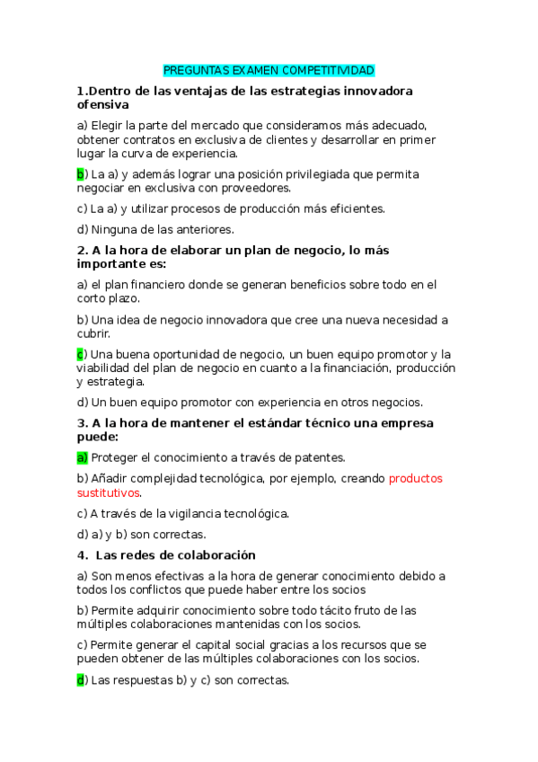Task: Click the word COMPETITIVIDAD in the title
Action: tap(328, 70)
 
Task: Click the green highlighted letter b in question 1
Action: tap(80, 174)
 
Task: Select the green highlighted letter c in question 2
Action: tap(80, 354)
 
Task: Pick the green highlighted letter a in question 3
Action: tap(80, 457)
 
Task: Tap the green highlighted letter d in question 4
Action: tap(80, 680)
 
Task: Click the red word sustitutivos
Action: tap(109, 492)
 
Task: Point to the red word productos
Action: tap(415, 478)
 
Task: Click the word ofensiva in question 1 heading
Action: tap(104, 105)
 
